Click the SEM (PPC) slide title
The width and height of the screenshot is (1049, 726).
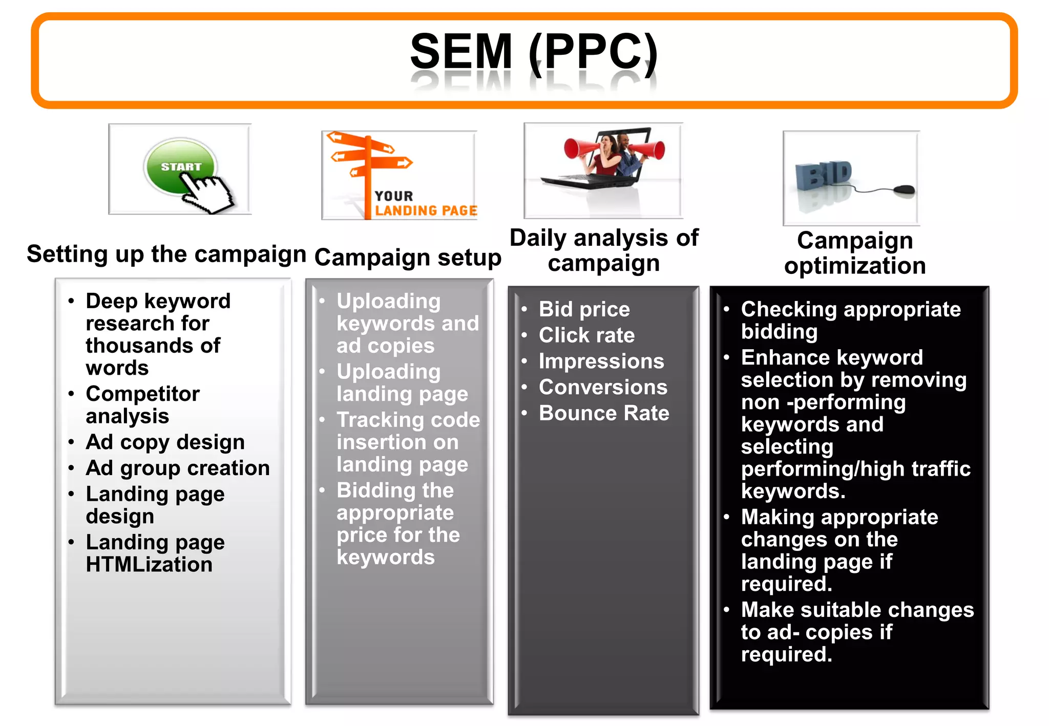coord(534,52)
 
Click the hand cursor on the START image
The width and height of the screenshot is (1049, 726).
coord(207,194)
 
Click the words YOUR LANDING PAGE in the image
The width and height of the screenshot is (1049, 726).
coord(425,204)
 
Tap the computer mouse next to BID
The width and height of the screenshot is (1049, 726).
coord(904,190)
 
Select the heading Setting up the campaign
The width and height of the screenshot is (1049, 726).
coord(166,254)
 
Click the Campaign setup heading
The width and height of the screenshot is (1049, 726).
coord(408,257)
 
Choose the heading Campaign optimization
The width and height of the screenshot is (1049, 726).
coord(855,253)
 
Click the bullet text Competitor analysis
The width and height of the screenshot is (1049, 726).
coord(142,404)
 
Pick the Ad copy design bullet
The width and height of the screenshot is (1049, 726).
coord(165,442)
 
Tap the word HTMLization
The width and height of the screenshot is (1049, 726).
coord(149,564)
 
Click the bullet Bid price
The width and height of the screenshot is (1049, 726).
coord(584,309)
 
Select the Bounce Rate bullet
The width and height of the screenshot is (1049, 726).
coord(603,413)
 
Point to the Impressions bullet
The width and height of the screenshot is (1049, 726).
coord(601,361)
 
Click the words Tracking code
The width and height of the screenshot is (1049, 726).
coord(408,420)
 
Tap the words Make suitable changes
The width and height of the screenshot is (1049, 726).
coord(857,610)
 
